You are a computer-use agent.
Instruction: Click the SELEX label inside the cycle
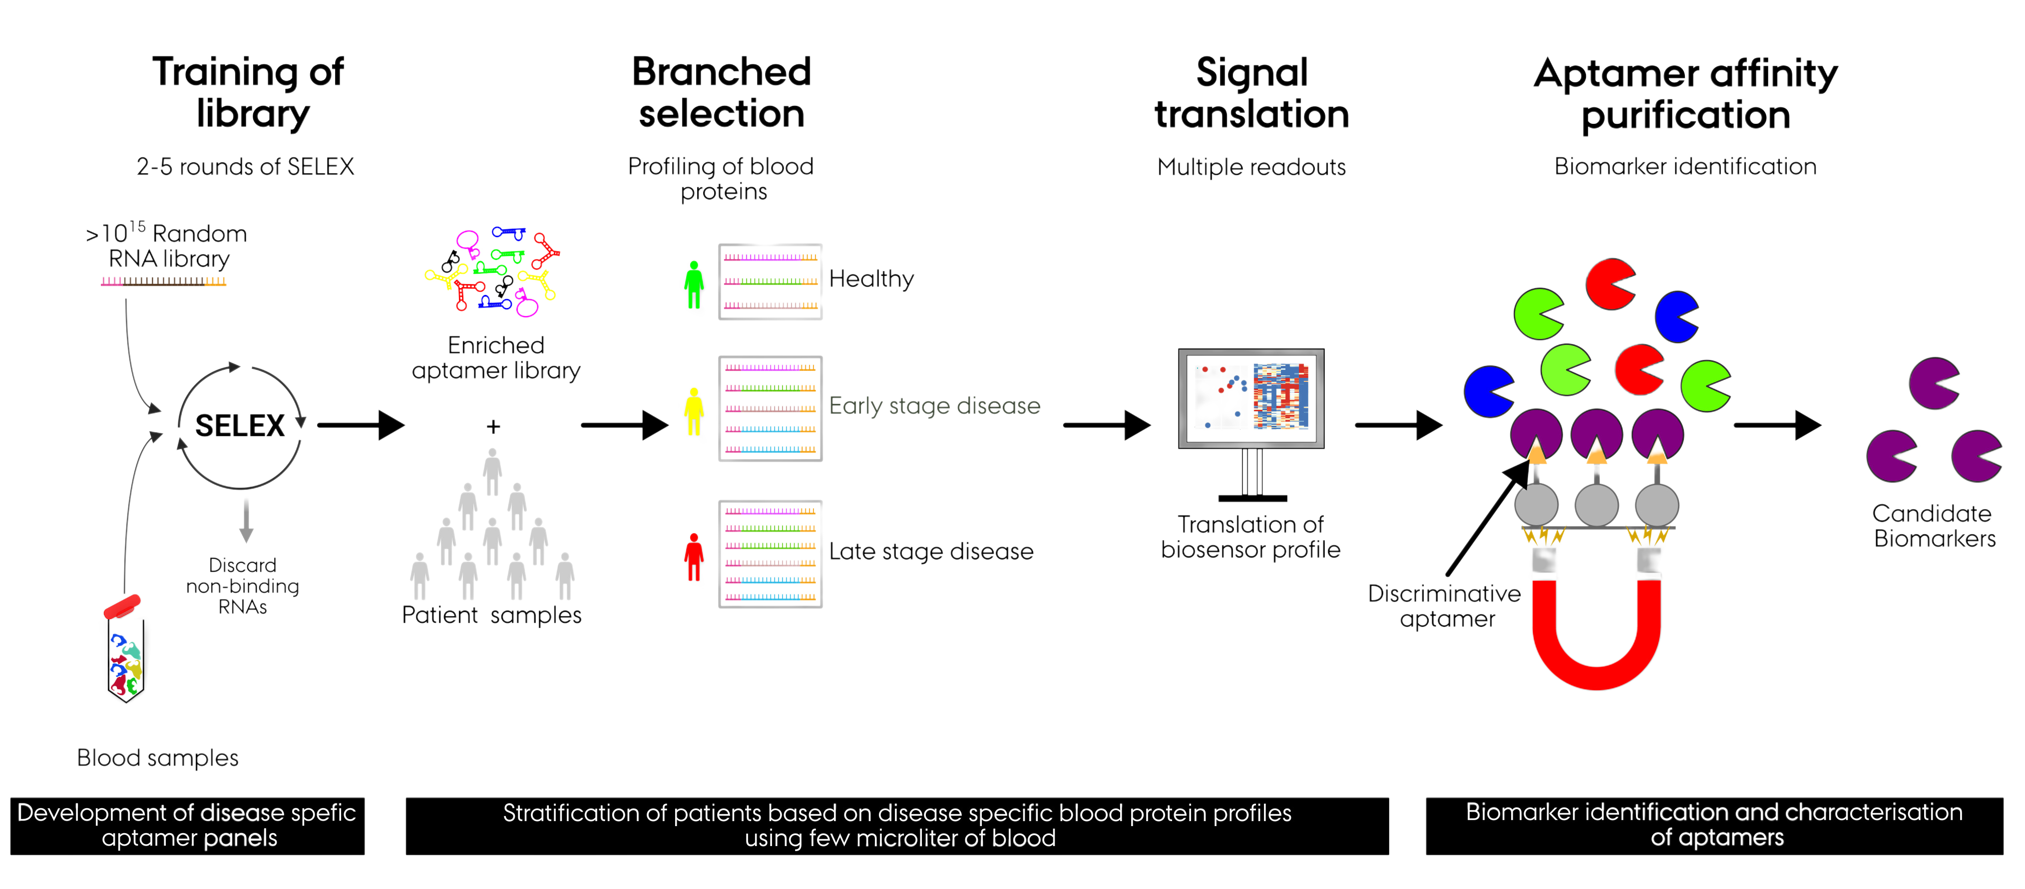240,425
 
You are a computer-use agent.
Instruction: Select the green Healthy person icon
693,287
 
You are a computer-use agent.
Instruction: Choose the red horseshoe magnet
1597,629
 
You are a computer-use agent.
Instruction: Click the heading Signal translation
1251,93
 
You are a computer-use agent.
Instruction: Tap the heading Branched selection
721,93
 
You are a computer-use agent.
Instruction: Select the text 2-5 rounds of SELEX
245,167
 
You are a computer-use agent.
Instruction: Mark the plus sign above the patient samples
493,427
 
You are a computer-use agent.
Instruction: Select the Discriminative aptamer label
1445,606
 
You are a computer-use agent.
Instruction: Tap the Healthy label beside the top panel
871,279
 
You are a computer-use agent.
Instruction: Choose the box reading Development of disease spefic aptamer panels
187,825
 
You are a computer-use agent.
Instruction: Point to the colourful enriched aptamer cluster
491,271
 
